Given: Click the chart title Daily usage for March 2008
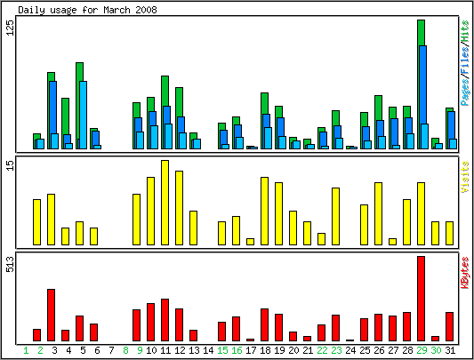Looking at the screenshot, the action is click(x=87, y=10).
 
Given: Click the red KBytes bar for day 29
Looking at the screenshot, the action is click(x=422, y=299).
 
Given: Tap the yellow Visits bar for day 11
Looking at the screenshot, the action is click(x=165, y=203).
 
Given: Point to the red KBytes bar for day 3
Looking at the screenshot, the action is click(x=51, y=315).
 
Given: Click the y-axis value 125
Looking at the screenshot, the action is click(x=11, y=28).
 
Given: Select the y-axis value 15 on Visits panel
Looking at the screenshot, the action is click(x=11, y=165).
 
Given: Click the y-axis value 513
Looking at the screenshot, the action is click(x=11, y=264).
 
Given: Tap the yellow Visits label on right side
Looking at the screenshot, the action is click(x=465, y=177).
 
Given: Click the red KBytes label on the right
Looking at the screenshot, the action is click(x=465, y=273).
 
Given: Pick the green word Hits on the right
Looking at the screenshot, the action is click(x=465, y=31).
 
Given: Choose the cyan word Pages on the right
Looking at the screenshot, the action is click(x=465, y=92).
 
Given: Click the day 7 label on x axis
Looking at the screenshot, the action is click(x=111, y=350).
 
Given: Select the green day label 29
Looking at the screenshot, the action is click(x=422, y=350).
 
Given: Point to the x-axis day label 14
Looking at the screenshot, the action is click(x=208, y=350).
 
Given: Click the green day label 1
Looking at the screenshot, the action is click(x=26, y=350).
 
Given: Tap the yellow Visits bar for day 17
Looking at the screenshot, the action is click(x=250, y=242).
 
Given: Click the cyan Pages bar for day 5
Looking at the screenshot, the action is click(x=83, y=115).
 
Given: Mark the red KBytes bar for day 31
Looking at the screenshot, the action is click(x=449, y=327).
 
